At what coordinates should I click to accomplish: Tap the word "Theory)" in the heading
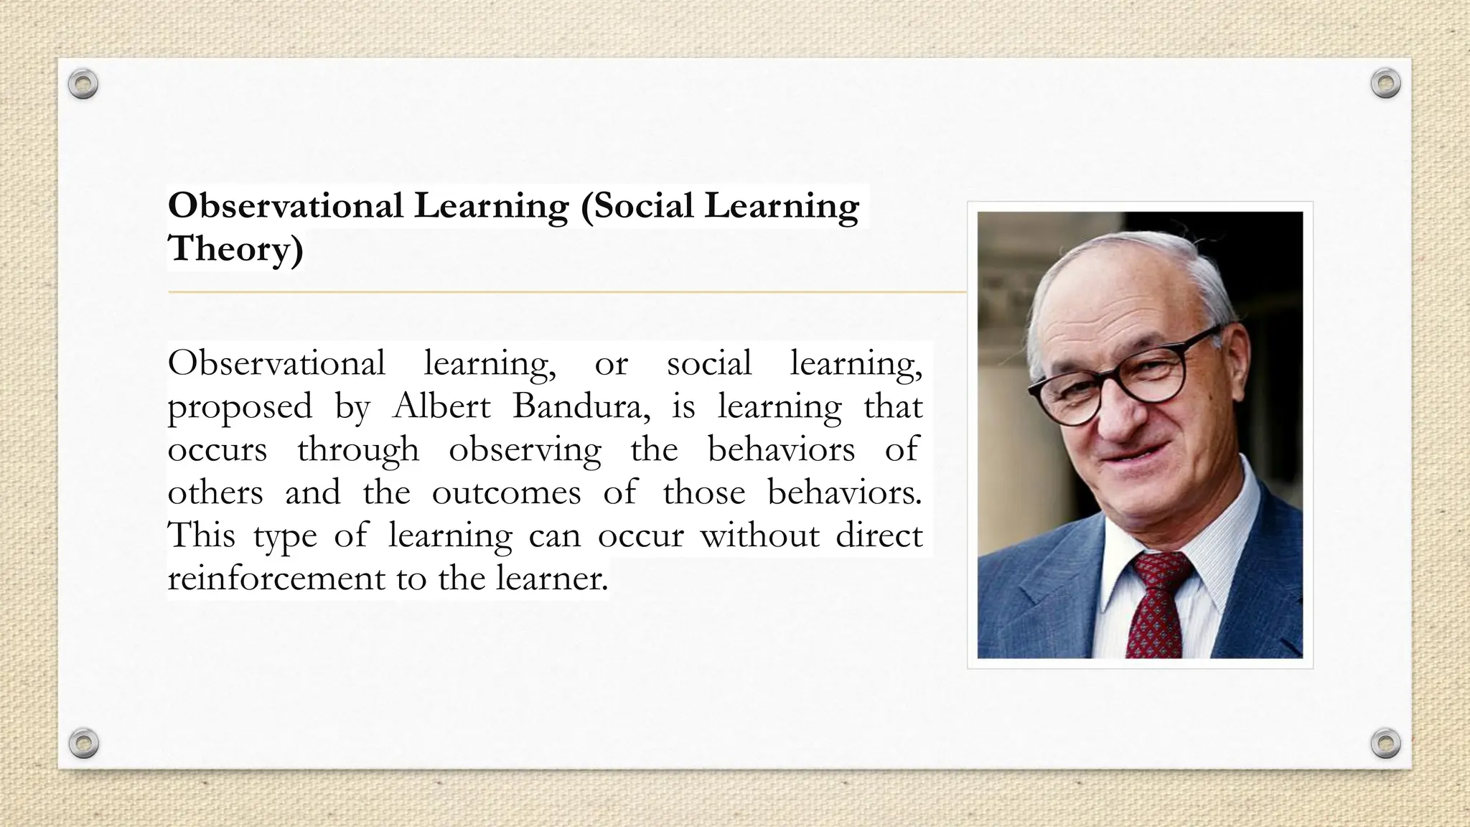click(x=235, y=249)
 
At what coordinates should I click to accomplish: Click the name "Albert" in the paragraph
click(x=441, y=406)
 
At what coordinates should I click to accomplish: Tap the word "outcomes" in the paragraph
click(x=506, y=493)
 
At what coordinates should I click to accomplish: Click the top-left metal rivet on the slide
click(x=83, y=85)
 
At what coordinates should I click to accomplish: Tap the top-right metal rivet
click(x=1385, y=83)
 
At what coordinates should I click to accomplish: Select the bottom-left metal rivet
click(x=83, y=743)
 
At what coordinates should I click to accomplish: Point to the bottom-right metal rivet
click(x=1385, y=743)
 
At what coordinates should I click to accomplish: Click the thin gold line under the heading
click(x=567, y=292)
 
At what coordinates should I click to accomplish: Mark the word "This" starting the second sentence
click(x=201, y=536)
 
